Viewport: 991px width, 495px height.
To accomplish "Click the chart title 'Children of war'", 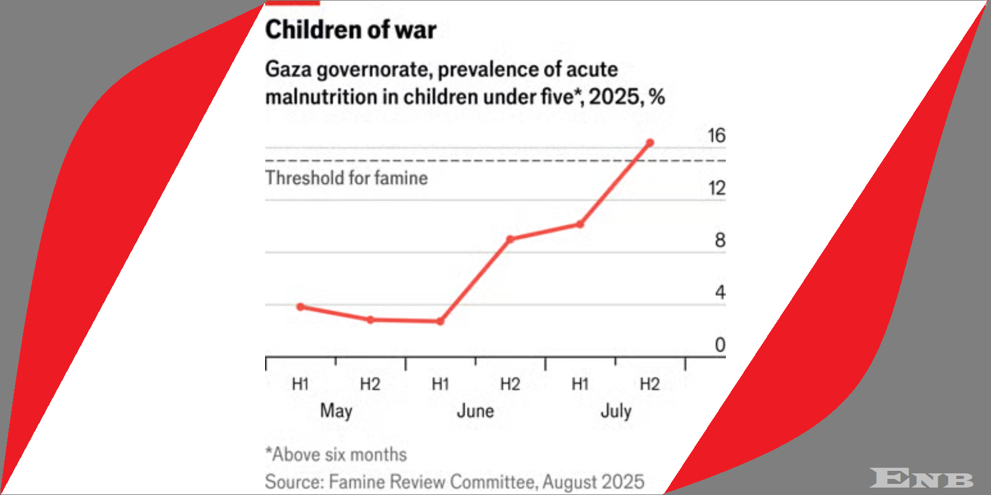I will click(351, 30).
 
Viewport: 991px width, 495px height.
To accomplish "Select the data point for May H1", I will click(300, 307).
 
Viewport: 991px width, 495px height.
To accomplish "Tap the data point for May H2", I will click(370, 320).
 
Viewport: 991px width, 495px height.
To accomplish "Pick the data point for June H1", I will click(440, 321).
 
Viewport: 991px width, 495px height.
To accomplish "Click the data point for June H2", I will click(510, 239).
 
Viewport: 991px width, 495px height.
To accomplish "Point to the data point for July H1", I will click(580, 224).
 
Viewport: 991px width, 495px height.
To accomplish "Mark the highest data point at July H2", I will click(650, 143).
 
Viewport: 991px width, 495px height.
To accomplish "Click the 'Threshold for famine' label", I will click(346, 178).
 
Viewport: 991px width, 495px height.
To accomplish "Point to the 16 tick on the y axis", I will click(716, 136).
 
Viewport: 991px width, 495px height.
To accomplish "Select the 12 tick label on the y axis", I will click(716, 188).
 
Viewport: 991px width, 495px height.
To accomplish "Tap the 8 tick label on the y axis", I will click(720, 240).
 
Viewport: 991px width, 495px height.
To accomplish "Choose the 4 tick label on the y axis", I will click(720, 293).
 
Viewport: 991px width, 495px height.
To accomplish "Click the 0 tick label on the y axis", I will click(720, 345).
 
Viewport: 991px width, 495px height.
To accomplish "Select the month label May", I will click(336, 411).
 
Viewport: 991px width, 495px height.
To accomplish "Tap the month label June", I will click(475, 411).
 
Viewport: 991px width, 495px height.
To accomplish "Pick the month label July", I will click(616, 411).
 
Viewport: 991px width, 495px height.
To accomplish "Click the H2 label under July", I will click(650, 384).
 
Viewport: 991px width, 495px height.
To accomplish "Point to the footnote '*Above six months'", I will click(336, 455).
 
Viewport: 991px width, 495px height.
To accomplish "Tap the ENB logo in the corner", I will click(921, 478).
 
